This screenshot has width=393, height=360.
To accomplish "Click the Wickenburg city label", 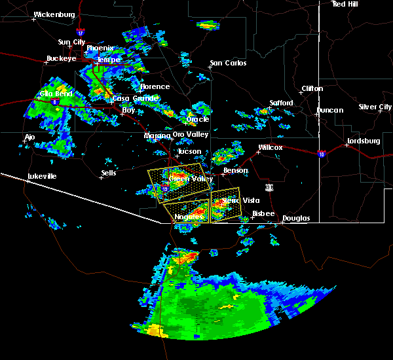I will pyautogui.click(x=54, y=14).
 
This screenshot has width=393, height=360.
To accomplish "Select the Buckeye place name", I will pyautogui.click(x=60, y=58).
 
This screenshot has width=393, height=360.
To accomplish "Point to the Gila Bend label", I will pyautogui.click(x=54, y=94).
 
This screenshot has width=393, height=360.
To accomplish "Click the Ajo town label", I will pyautogui.click(x=29, y=137).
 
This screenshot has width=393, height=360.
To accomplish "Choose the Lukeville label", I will pyautogui.click(x=42, y=177).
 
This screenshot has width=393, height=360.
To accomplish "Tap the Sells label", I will pyautogui.click(x=108, y=173).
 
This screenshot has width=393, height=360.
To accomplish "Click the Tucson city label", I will pyautogui.click(x=189, y=152).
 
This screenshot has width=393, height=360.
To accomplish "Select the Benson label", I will pyautogui.click(x=235, y=171).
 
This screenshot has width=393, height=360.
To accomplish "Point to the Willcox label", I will pyautogui.click(x=270, y=148).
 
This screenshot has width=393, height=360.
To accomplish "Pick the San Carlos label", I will pyautogui.click(x=228, y=63).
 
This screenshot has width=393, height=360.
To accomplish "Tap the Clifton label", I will pyautogui.click(x=312, y=88).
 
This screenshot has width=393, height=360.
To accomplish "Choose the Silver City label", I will pyautogui.click(x=375, y=107).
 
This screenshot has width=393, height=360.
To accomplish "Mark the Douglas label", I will pyautogui.click(x=296, y=218).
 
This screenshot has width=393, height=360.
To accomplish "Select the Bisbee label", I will pyautogui.click(x=264, y=213).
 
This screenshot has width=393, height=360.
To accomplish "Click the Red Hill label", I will pyautogui.click(x=345, y=4).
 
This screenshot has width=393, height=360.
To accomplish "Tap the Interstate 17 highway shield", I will pyautogui.click(x=80, y=31).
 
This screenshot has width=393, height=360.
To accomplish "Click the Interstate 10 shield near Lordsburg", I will pyautogui.click(x=321, y=154).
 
